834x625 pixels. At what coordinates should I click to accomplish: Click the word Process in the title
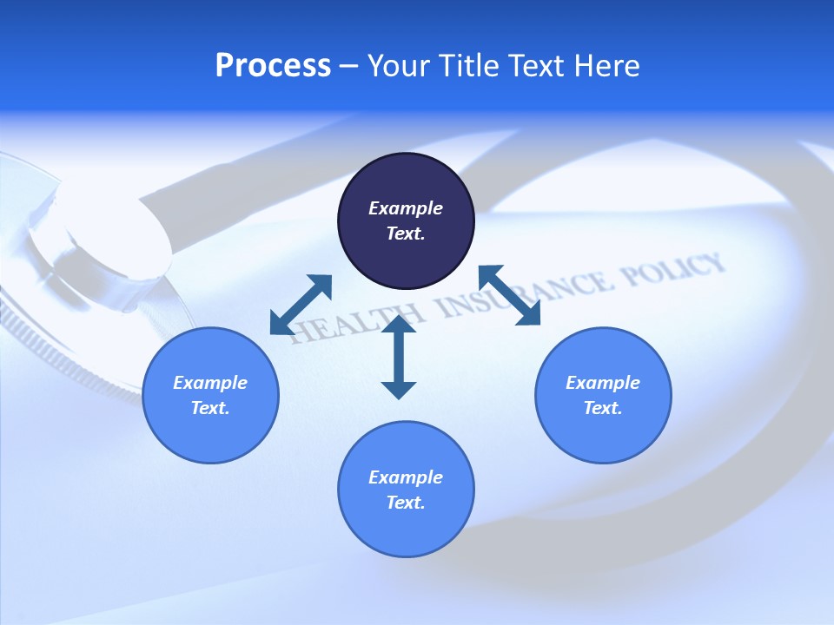click(273, 66)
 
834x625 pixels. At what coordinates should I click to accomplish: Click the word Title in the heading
click(469, 66)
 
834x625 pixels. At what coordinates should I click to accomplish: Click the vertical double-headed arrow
click(399, 357)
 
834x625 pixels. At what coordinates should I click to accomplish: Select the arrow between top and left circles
click(301, 304)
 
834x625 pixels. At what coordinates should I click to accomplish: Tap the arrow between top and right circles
click(509, 295)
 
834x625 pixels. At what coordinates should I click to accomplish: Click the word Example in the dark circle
click(406, 208)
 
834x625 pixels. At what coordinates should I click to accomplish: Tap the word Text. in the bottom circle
click(406, 503)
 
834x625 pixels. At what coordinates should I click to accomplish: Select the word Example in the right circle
click(603, 383)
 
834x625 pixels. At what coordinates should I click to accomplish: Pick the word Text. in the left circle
click(210, 408)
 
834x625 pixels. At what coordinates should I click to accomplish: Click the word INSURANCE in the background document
click(513, 295)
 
